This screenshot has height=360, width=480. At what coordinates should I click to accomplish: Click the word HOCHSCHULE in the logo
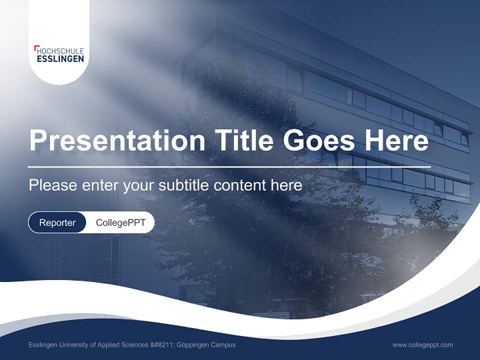pos(60,51)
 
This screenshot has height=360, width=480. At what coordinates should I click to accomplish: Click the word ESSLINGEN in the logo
pos(60,59)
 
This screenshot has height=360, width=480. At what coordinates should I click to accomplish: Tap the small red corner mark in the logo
pos(36,48)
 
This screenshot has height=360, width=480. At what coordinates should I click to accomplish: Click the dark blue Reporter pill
pos(57,222)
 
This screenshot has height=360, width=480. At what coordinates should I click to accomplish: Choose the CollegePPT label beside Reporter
pos(120,222)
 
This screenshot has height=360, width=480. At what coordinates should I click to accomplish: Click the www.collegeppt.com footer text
pos(422,345)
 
